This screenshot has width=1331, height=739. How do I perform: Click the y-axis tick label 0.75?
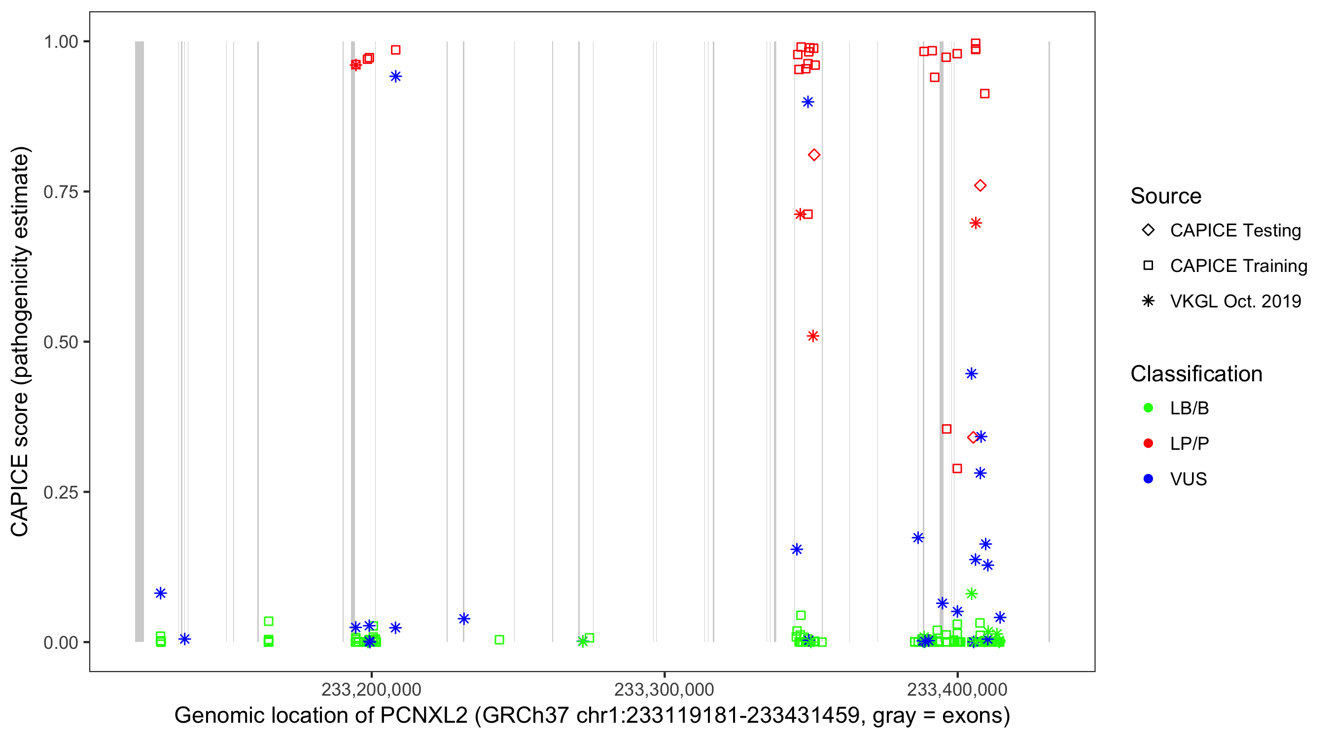pos(60,192)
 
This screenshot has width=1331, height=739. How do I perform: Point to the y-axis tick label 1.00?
pos(60,42)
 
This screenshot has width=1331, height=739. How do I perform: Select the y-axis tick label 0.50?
pos(60,342)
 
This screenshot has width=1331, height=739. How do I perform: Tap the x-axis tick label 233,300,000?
pos(664,689)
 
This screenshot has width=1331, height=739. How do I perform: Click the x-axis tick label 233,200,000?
pos(371,689)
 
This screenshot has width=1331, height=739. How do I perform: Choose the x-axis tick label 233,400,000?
pos(957,689)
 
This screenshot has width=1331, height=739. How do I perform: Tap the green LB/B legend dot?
pos(1148,408)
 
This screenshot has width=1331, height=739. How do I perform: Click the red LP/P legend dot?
pos(1148,443)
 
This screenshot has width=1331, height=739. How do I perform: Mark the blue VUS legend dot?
pos(1148,479)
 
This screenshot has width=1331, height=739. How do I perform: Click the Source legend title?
pos(1166,196)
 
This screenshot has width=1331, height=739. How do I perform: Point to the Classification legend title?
pos(1196,374)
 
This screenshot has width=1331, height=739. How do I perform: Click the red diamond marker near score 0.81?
pos(814,155)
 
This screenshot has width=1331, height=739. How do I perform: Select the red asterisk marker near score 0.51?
pos(813,336)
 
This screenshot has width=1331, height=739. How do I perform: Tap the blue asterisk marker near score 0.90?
pos(808,102)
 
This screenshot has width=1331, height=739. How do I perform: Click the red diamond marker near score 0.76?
pos(980,186)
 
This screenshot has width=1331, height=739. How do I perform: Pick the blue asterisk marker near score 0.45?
pos(971,374)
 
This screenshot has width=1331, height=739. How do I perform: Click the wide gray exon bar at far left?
pos(140,341)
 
